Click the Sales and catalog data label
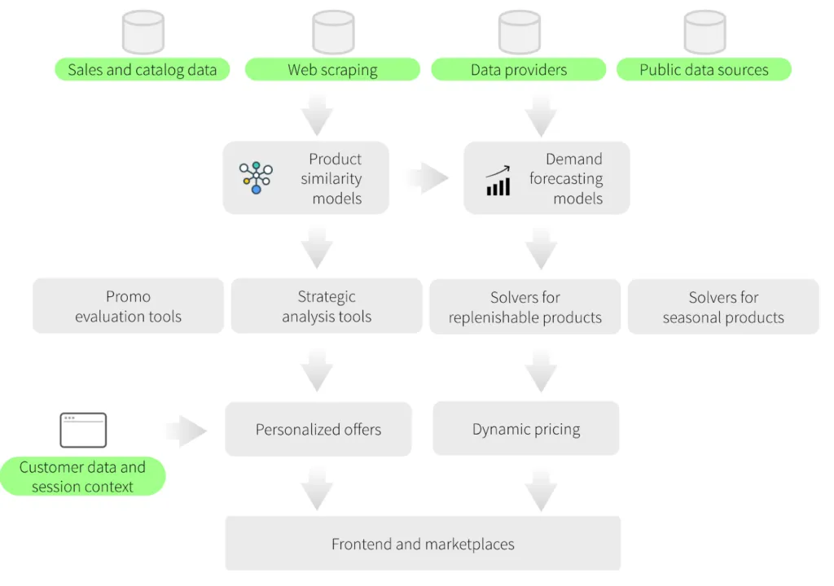[142, 70]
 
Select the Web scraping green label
[332, 70]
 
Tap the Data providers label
[519, 70]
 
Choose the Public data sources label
[704, 70]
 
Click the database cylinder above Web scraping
[333, 32]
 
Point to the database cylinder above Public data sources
[705, 32]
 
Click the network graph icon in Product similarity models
[256, 177]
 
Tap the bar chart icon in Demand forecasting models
[498, 181]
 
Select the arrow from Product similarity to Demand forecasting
[428, 178]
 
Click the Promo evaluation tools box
[128, 306]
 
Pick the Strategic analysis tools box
[327, 306]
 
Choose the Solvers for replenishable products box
[525, 307]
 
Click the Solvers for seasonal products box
[723, 307]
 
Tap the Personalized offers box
[318, 429]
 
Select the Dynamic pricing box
[526, 428]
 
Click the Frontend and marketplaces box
[423, 543]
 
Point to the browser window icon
[83, 430]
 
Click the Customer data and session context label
[82, 477]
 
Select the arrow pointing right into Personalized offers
[187, 431]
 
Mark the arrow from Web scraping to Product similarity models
[317, 114]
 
